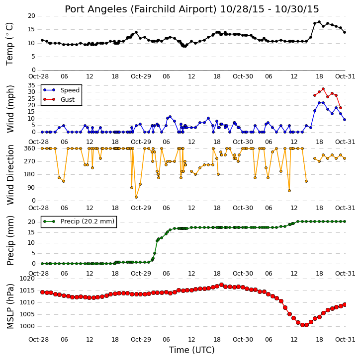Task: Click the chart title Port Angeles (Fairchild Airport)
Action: coord(140,9)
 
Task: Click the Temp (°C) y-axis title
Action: coord(9,44)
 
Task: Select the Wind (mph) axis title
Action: coord(10,109)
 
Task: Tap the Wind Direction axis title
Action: coord(10,174)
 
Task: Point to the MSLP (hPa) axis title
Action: coord(10,306)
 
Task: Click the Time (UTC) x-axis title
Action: coord(192,350)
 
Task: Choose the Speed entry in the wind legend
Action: coord(70,90)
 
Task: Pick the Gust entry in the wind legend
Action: coord(68,100)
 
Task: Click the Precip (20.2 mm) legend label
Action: coord(88,221)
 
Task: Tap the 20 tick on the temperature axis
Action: coord(31,16)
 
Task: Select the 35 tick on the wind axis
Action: coord(31,85)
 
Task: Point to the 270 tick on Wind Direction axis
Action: coord(30,161)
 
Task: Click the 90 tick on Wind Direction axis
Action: coord(31,188)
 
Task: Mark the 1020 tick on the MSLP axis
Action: coord(27,279)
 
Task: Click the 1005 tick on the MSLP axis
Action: coord(27,314)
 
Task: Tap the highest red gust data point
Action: coord(323,89)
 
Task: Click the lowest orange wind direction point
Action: coord(136,197)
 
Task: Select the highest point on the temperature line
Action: coord(319,22)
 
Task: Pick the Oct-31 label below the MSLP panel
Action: coord(345,339)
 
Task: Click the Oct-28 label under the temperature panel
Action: coord(38,76)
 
